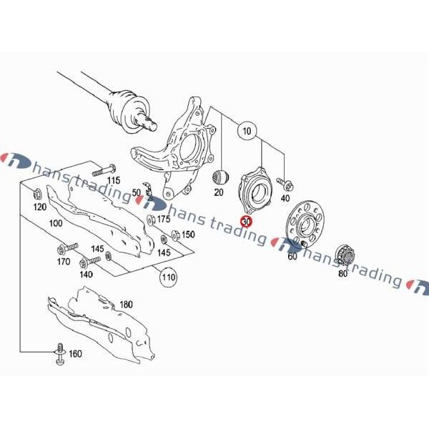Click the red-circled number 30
(x=246, y=222)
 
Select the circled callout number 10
(x=247, y=131)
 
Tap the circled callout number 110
(x=168, y=277)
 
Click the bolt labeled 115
(x=104, y=170)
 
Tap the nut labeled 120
(x=38, y=194)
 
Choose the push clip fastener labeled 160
(x=60, y=354)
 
